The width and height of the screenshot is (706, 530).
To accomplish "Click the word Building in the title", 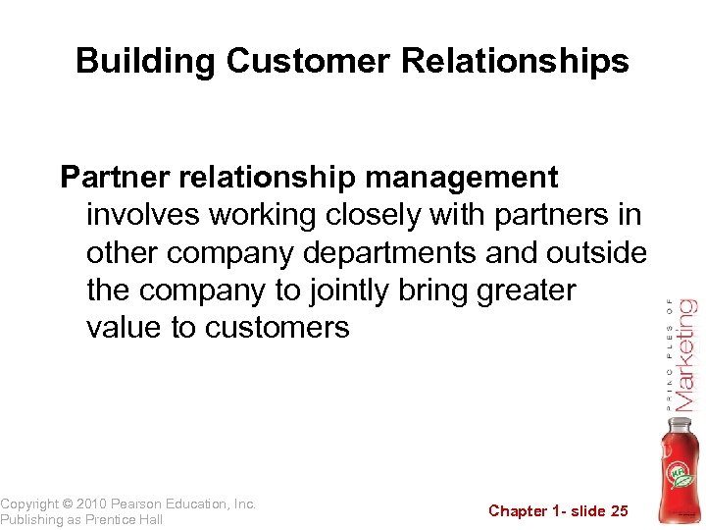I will pyautogui.click(x=146, y=62).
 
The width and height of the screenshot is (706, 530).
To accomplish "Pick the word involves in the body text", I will pyautogui.click(x=144, y=215).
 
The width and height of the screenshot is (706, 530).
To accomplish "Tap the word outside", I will pyautogui.click(x=597, y=252).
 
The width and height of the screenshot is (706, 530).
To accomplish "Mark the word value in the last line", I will pyautogui.click(x=124, y=327).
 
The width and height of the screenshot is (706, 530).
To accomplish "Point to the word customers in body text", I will pyautogui.click(x=277, y=327).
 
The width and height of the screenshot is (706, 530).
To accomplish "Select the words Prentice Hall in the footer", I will pyautogui.click(x=124, y=519).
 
